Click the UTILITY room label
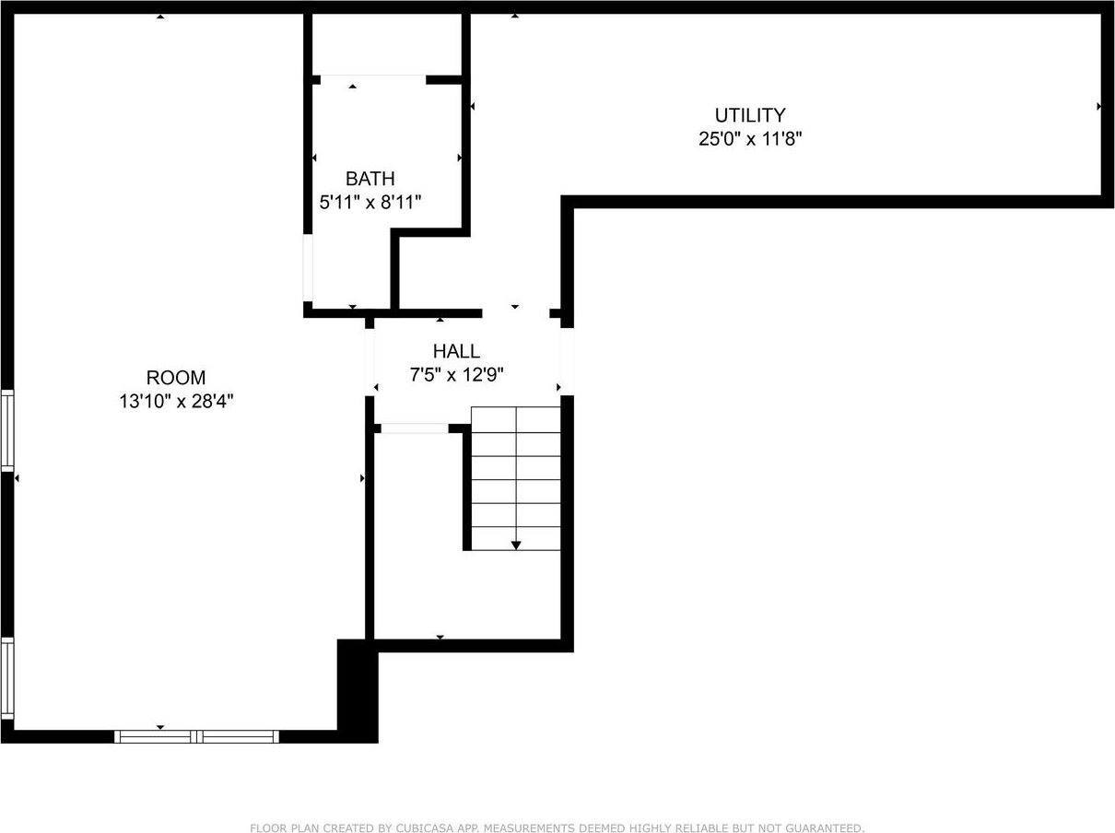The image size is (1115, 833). click(750, 115)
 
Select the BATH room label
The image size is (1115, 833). click(370, 179)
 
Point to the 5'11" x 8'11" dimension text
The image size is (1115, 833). click(370, 202)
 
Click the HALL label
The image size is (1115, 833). click(456, 351)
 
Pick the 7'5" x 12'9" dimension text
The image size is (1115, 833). click(456, 374)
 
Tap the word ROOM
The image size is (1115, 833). click(176, 378)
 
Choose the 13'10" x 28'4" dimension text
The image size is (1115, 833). click(176, 402)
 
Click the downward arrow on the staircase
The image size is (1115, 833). click(516, 544)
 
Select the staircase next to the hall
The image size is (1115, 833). click(515, 478)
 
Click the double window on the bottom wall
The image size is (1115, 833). click(196, 736)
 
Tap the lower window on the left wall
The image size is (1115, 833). click(7, 678)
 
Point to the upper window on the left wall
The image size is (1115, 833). click(7, 430)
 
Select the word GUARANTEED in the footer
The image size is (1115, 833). click(822, 828)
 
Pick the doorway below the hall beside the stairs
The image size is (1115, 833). click(415, 428)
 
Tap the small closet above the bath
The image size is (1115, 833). click(386, 44)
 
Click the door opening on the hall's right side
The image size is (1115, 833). click(568, 362)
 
